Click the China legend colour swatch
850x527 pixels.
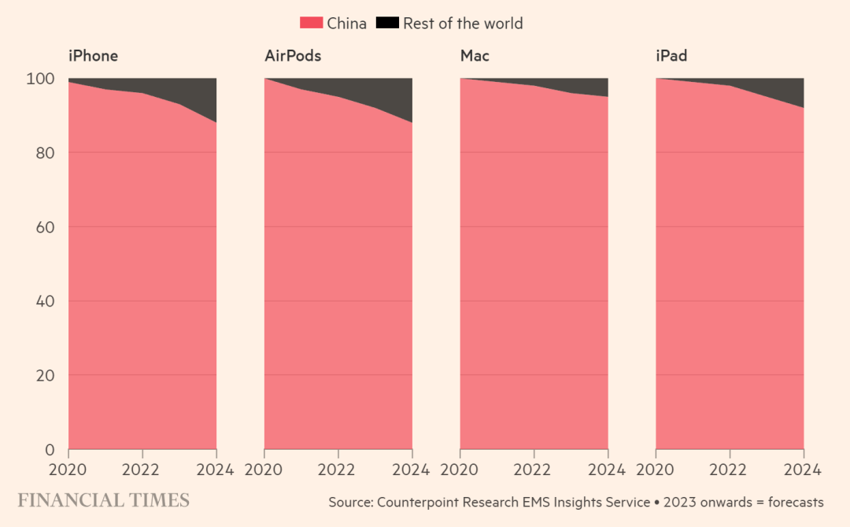pyautogui.click(x=311, y=24)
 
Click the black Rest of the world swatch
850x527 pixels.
pyautogui.click(x=386, y=24)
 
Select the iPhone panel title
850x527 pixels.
pyautogui.click(x=93, y=56)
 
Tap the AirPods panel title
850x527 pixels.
pyautogui.click(x=293, y=56)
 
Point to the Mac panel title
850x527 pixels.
pyautogui.click(x=475, y=56)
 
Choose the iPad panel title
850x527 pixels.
pyautogui.click(x=671, y=56)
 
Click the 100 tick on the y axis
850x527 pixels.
pyautogui.click(x=41, y=79)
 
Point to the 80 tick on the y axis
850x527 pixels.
pyautogui.click(x=45, y=153)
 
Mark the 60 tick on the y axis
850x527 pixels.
pyautogui.click(x=45, y=227)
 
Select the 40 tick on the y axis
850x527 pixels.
pyautogui.click(x=45, y=302)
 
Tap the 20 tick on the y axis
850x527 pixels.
pyautogui.click(x=45, y=376)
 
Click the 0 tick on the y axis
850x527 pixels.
pyautogui.click(x=50, y=450)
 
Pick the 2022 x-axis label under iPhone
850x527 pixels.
pyautogui.click(x=142, y=470)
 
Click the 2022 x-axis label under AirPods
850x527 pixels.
pyautogui.click(x=338, y=470)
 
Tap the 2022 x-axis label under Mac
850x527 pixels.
pyautogui.click(x=534, y=470)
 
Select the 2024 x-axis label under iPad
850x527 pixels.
pyautogui.click(x=802, y=470)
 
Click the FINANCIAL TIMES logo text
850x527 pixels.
pyautogui.click(x=104, y=500)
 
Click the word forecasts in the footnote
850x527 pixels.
pyautogui.click(x=793, y=503)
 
